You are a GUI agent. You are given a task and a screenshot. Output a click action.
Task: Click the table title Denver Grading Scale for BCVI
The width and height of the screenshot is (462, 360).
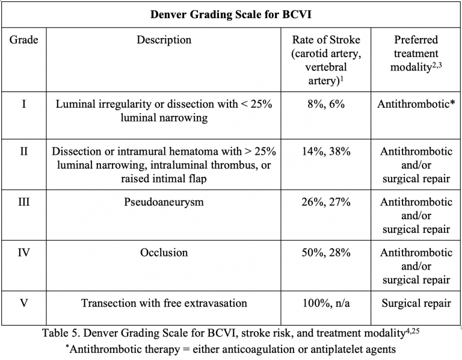point(231,14)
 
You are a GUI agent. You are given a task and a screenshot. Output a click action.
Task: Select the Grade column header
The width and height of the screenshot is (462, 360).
point(23,40)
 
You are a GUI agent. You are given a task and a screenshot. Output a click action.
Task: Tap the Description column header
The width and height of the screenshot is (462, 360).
point(164,40)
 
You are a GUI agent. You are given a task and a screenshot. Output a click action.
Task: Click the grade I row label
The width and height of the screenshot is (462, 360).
point(23,104)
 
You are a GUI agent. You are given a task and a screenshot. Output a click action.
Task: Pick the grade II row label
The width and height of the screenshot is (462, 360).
point(23,151)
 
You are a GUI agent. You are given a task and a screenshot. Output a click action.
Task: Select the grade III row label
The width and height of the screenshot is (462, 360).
point(23,202)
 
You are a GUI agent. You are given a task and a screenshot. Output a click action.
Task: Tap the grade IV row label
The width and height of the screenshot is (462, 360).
point(23,253)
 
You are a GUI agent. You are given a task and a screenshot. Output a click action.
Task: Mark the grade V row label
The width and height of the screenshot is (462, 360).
point(23,303)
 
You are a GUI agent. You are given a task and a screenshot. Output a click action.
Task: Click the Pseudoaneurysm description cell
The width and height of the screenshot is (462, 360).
point(164,202)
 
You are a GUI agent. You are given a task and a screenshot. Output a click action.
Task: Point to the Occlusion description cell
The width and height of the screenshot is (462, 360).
point(164,253)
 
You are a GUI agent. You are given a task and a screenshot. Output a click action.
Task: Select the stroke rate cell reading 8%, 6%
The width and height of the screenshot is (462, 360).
point(327,104)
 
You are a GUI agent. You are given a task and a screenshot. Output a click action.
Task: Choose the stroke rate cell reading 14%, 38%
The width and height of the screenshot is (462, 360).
point(327,151)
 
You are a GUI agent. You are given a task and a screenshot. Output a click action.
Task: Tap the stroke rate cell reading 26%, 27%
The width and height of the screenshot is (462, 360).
point(327,202)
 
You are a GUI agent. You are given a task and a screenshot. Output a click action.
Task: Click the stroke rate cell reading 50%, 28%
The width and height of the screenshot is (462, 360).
point(327,253)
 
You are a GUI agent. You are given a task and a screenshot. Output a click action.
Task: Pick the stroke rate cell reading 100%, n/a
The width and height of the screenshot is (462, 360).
point(327,303)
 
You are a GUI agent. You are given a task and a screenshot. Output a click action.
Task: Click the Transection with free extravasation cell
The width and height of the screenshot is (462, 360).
point(164,303)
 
